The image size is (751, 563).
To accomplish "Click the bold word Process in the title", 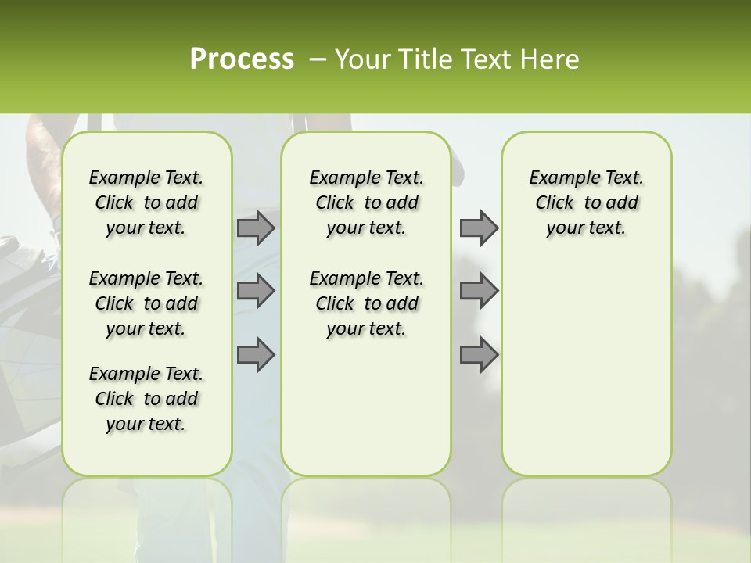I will (242, 59).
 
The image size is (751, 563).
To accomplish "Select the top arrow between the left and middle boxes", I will (256, 228).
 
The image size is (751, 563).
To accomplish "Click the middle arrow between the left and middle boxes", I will (256, 291).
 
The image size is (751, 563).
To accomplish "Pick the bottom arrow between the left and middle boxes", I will (256, 354).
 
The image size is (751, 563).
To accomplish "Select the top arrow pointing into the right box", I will (479, 228).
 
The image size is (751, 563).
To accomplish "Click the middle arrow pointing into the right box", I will (479, 291).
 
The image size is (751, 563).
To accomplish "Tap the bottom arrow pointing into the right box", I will (479, 354).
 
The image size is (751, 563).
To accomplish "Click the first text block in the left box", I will (146, 203).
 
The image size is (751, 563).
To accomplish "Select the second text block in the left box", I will (146, 303).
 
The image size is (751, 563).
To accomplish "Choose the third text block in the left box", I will (146, 399).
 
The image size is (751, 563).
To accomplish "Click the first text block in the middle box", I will (366, 203).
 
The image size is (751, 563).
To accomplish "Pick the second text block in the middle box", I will (366, 303).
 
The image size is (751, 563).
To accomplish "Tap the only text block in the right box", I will (586, 203).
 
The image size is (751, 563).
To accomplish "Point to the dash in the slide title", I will (317, 59).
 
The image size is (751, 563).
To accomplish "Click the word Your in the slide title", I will (362, 59).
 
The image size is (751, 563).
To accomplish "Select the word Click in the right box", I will (555, 203).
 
